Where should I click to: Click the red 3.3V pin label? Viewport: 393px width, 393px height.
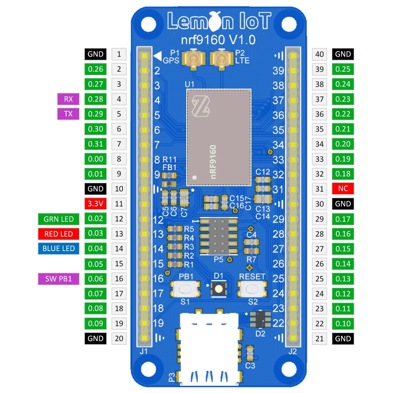[95, 204]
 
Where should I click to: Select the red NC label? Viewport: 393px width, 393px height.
[343, 189]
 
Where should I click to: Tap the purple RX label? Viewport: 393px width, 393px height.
[68, 99]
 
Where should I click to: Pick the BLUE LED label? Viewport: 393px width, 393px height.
[59, 249]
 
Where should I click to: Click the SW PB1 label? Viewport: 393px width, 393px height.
[59, 279]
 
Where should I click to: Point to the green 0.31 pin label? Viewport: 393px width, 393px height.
[95, 144]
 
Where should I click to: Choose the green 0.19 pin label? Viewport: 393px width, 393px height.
[343, 159]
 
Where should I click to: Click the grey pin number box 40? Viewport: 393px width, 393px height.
[319, 54]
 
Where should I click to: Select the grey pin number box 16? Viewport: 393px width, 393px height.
[119, 279]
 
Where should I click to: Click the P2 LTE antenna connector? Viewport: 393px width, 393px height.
[221, 59]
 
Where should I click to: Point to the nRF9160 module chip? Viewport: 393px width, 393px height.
[219, 137]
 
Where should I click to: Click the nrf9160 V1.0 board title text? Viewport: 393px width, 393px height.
[218, 40]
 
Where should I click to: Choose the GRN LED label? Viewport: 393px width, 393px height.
[59, 219]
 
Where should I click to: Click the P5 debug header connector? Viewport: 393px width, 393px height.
[219, 236]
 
